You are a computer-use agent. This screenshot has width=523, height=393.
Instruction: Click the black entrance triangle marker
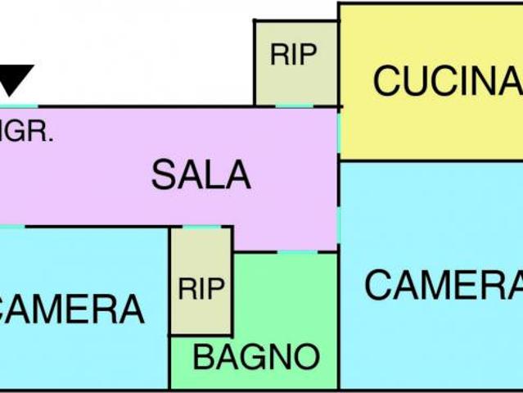(x=16, y=79)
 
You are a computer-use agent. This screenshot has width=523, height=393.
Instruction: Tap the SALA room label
(x=201, y=175)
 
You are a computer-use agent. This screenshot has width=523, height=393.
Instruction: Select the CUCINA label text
(x=447, y=80)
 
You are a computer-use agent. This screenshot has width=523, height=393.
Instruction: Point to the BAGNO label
(x=255, y=357)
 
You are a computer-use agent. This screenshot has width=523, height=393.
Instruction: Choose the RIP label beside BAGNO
(x=201, y=288)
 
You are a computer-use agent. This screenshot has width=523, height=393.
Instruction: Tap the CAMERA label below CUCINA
(x=443, y=286)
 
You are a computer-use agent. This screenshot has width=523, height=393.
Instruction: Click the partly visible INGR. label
(x=27, y=133)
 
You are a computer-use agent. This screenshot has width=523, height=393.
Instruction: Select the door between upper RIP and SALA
(x=295, y=106)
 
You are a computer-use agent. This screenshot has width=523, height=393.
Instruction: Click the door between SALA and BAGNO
(x=296, y=251)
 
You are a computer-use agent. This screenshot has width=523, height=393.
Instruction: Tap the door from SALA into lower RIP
(x=201, y=227)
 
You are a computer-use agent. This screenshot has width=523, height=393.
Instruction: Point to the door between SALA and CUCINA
(x=338, y=131)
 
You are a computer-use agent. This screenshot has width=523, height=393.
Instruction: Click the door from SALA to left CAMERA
(x=11, y=226)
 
